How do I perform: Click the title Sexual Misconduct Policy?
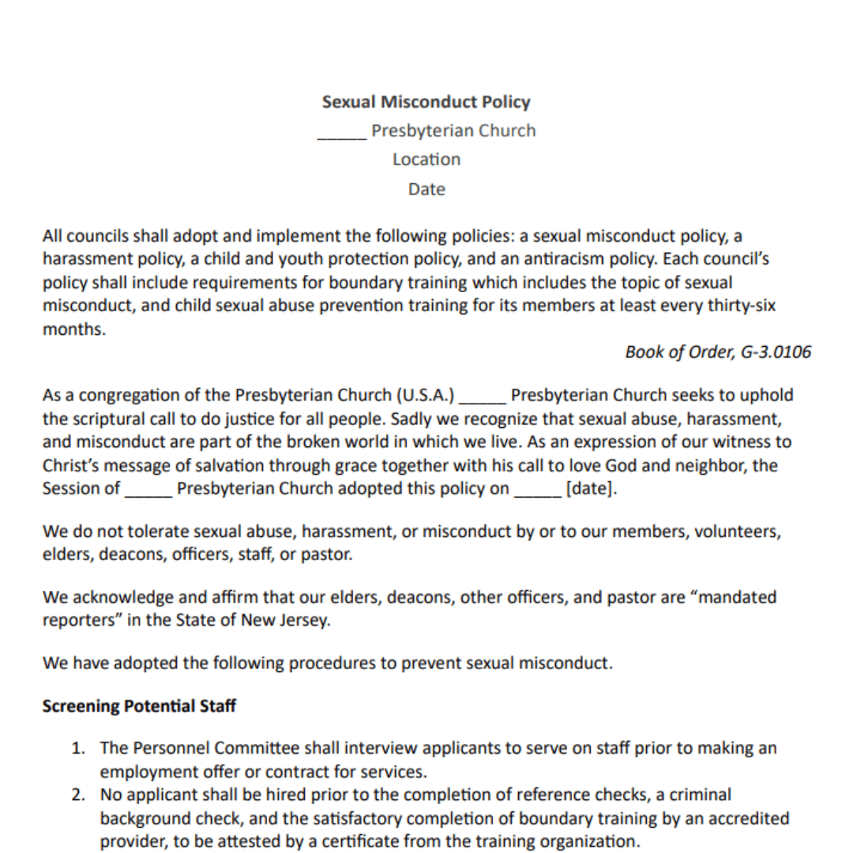click(x=426, y=102)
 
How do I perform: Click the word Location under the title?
click(x=426, y=160)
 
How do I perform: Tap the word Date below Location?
click(x=426, y=190)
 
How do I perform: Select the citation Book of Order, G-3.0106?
click(x=717, y=352)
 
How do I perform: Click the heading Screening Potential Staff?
click(x=139, y=706)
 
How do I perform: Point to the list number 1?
click(x=79, y=748)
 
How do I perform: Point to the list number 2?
click(x=79, y=795)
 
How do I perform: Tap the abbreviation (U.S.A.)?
click(x=426, y=395)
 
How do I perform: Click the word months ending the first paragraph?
click(x=73, y=329)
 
